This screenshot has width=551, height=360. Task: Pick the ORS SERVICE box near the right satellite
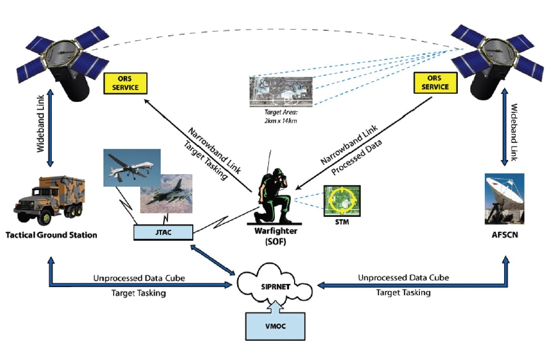point(435,83)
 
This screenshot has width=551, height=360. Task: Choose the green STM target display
point(342,200)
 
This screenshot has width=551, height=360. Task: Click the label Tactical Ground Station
point(51,235)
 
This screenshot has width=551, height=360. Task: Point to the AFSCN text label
point(505,235)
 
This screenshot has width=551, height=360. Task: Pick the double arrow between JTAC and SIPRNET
point(216,258)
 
